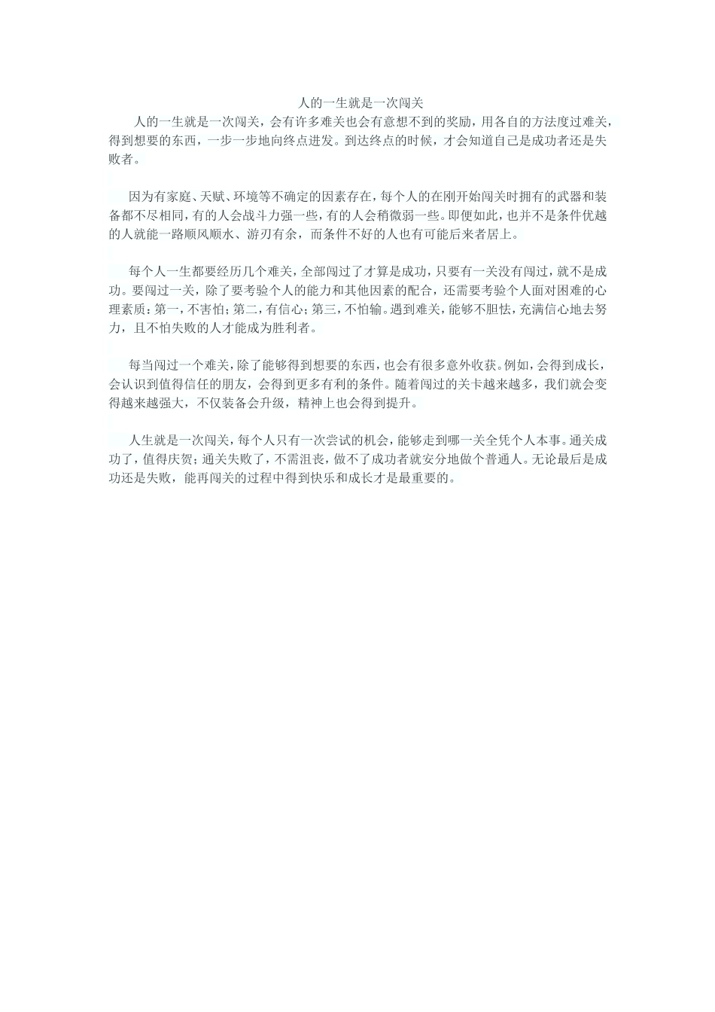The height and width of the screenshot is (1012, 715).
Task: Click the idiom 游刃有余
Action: [x=274, y=234]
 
